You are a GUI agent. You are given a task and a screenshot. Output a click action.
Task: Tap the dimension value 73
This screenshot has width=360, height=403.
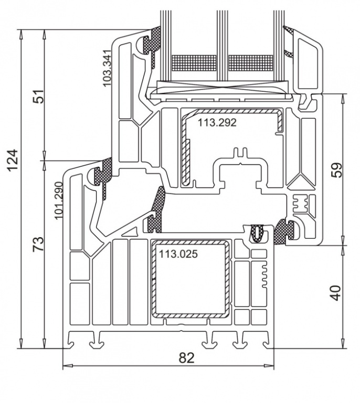38,245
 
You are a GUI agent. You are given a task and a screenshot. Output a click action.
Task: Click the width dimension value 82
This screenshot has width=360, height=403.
186,358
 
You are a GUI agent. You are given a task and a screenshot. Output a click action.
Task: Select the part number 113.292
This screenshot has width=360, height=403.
217,123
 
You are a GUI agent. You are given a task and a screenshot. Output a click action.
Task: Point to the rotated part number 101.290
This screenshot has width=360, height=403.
59,200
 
